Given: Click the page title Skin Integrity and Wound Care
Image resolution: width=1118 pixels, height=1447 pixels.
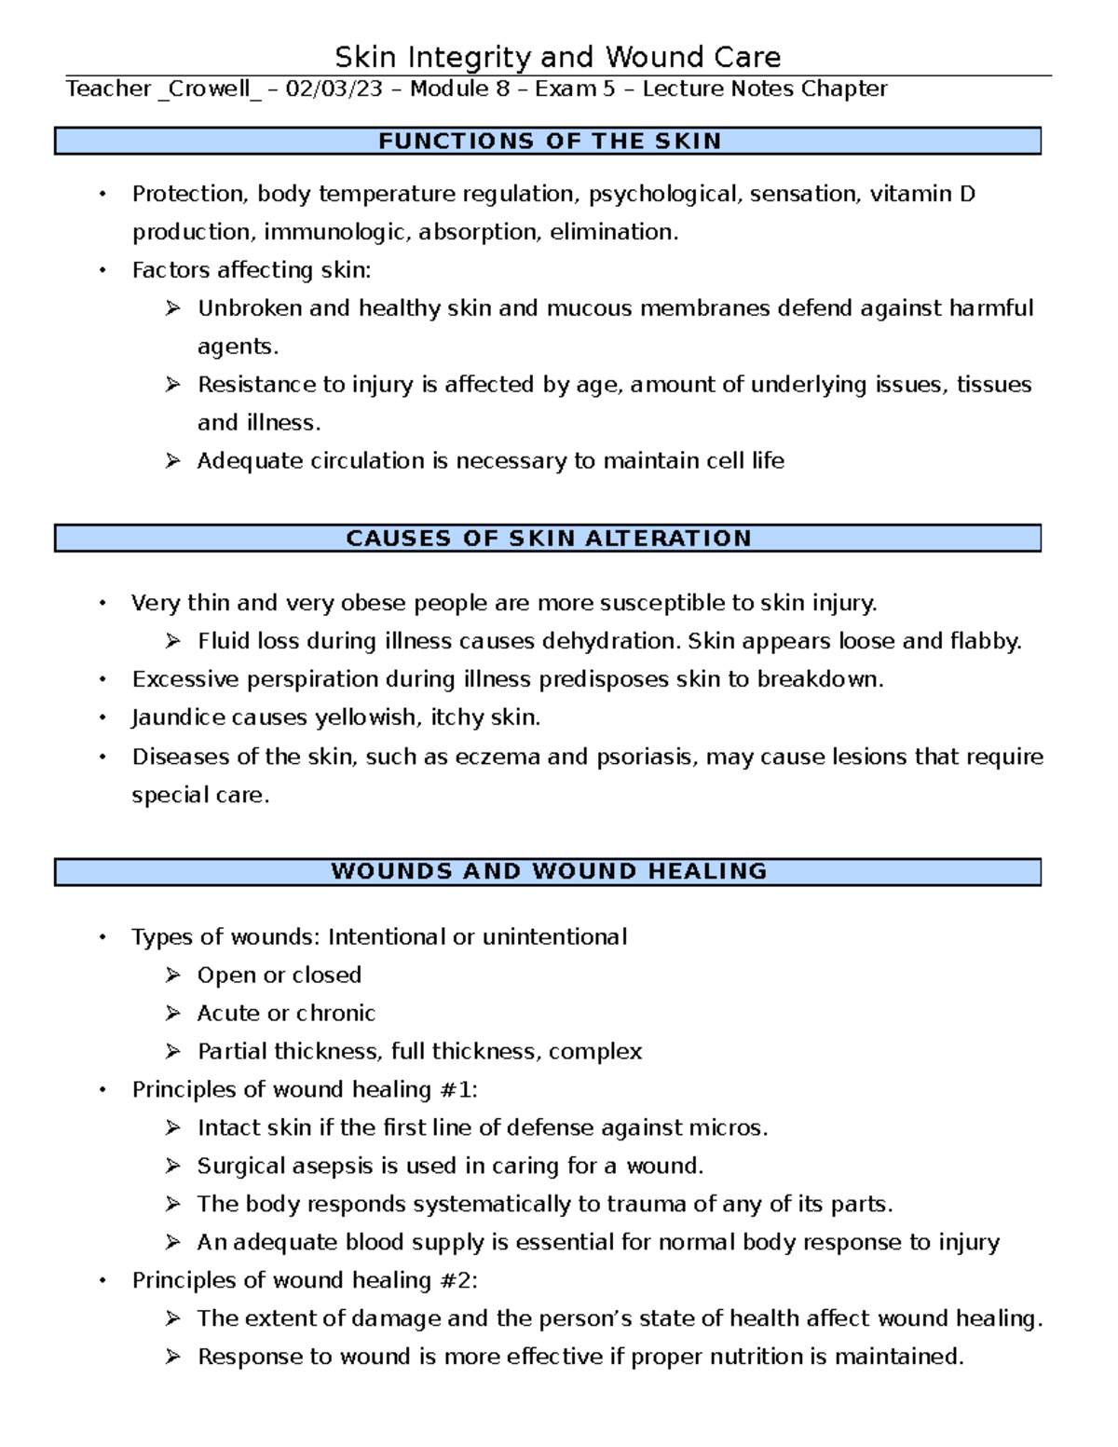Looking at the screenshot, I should (x=557, y=58).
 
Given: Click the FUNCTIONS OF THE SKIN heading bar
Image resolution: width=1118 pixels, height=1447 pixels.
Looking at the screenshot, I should (x=548, y=142).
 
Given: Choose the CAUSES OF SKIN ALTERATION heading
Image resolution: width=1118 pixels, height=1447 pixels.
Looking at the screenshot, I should (x=548, y=539).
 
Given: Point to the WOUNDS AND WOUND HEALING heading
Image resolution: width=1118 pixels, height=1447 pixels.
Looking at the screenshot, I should (x=548, y=872).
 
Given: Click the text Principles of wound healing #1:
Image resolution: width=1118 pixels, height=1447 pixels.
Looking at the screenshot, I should (x=305, y=1089).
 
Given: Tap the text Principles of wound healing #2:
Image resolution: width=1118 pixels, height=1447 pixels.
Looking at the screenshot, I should (x=305, y=1280).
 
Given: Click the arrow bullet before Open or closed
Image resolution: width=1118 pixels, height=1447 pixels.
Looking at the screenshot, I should (x=172, y=976).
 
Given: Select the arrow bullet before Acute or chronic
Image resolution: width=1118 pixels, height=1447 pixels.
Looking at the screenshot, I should (x=172, y=1014).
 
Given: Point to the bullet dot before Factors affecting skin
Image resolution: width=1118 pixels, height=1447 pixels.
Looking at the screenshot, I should (x=103, y=270).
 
